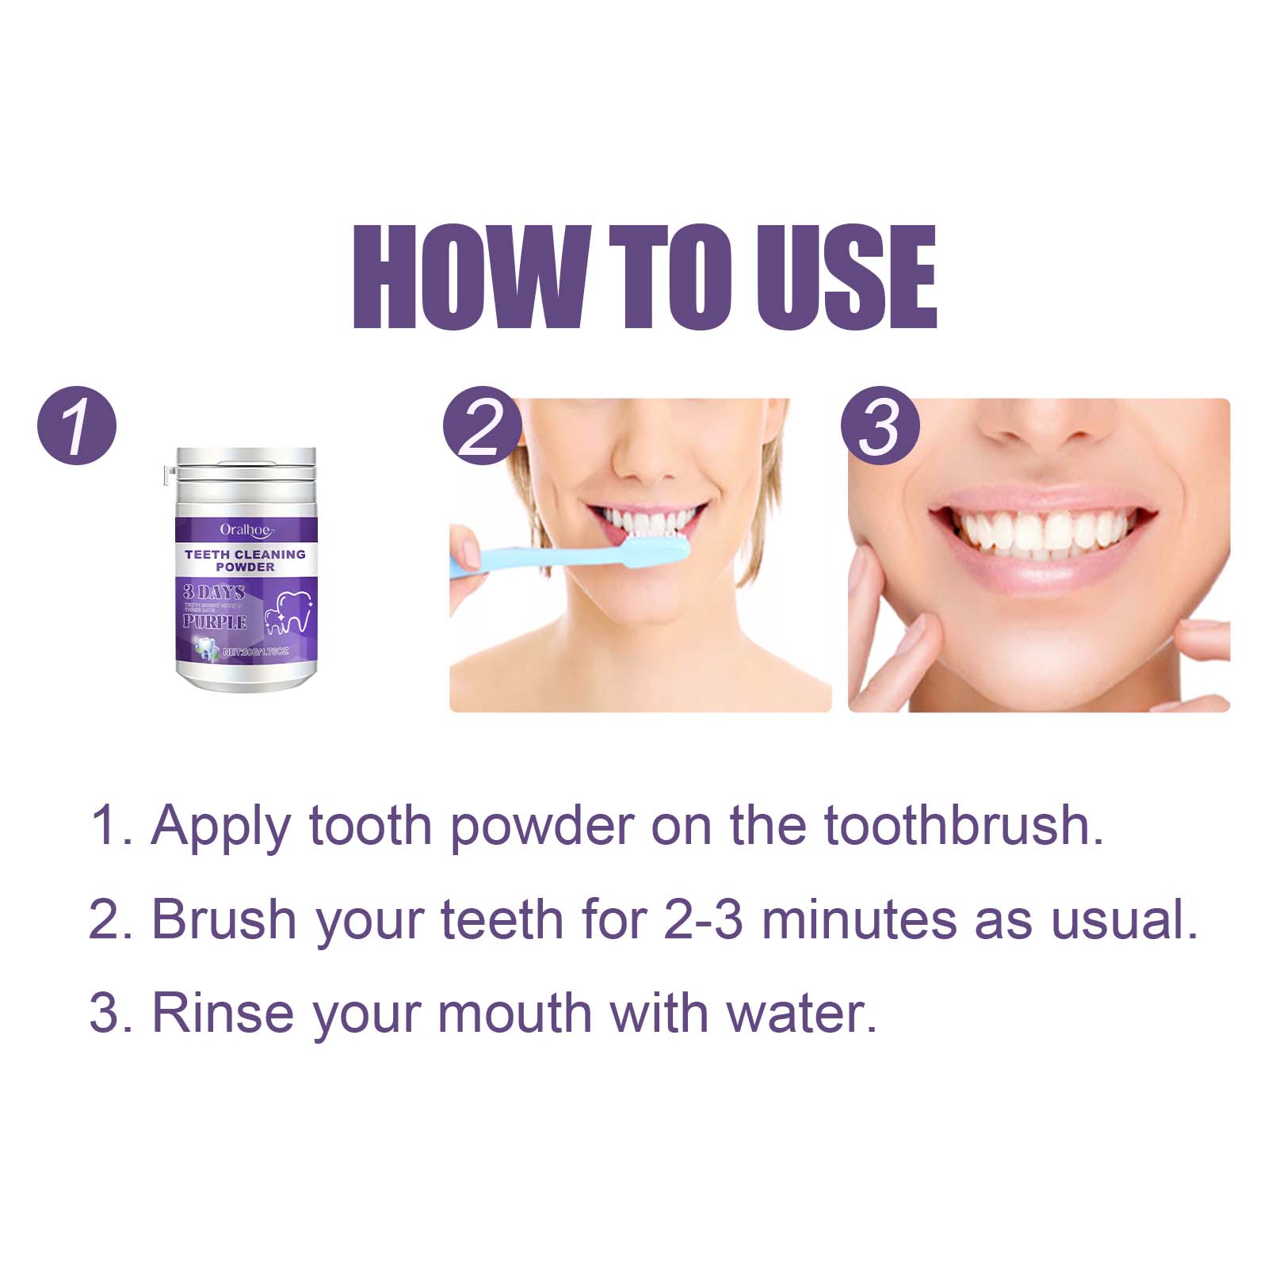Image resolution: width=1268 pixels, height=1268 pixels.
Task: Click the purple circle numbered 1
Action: point(77,426)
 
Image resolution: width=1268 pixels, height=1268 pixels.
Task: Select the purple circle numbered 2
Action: point(482,426)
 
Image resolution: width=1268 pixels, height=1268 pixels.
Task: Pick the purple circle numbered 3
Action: point(880,426)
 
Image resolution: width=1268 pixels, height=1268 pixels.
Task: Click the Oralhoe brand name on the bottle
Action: point(246,529)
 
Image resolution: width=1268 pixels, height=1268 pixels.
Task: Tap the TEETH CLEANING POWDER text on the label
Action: point(245,560)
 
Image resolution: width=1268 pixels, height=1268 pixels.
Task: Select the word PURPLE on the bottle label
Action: point(215,622)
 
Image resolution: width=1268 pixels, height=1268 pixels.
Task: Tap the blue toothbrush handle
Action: point(523,558)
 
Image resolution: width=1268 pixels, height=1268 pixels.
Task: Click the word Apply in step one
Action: point(221,827)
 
